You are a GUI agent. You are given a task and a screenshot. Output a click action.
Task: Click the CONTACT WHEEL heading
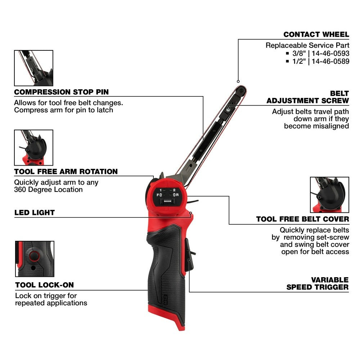click(x=316, y=35)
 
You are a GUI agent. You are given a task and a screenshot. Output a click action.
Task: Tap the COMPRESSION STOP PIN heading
click(x=61, y=92)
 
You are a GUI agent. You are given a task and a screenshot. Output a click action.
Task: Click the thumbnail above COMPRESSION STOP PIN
click(x=33, y=68)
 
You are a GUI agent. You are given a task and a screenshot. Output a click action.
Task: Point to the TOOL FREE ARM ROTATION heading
click(x=66, y=172)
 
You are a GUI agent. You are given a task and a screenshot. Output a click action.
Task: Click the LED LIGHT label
click(x=35, y=213)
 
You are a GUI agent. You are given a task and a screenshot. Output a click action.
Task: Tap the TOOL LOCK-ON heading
click(x=44, y=285)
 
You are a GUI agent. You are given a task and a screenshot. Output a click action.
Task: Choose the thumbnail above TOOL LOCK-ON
click(x=35, y=259)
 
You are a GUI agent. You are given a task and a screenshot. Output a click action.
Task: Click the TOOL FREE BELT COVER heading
click(x=302, y=219)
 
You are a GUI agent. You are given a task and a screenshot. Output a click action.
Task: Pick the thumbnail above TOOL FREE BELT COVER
click(x=329, y=195)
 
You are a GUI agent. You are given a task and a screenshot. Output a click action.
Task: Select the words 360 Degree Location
click(x=48, y=190)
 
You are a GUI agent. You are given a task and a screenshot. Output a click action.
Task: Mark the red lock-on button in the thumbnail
click(x=34, y=256)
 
